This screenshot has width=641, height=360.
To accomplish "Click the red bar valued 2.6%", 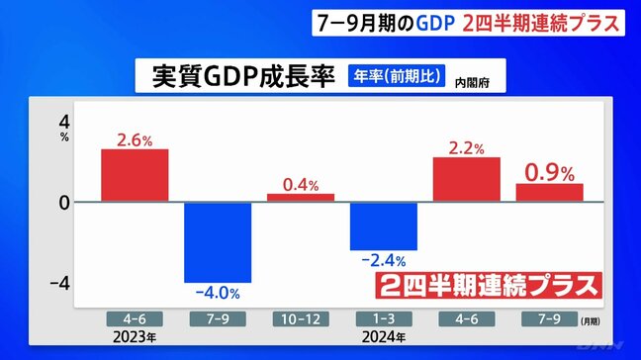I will [135, 175].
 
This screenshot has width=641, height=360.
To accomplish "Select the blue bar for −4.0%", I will [218, 242].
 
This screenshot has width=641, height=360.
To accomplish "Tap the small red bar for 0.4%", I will [301, 198].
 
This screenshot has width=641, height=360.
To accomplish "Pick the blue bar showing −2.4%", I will [384, 225].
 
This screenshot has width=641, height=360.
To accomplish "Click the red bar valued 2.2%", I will [466, 179].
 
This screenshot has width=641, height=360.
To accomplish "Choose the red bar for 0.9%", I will [549, 192].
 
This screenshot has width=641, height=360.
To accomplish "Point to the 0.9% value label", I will [549, 172].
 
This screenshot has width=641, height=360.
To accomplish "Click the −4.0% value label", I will [217, 294].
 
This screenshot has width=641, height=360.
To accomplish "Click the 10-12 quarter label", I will [301, 319].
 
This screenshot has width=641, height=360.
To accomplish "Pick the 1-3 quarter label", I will [384, 319].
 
